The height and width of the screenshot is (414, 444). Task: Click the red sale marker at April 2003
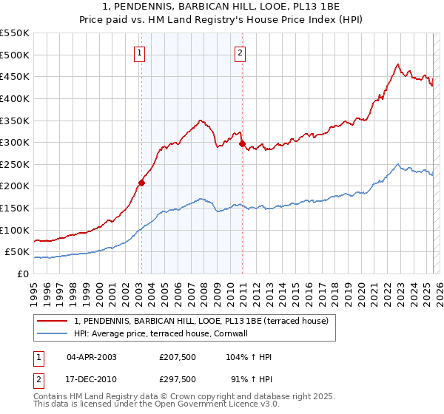[x=141, y=183]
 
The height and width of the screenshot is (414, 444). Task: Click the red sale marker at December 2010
[x=242, y=143]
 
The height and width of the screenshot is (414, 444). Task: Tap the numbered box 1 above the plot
[x=141, y=52]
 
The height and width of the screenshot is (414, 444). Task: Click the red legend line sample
[x=53, y=320]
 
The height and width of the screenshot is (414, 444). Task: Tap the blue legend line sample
[x=53, y=333]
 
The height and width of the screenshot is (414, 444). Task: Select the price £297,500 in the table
[x=178, y=379]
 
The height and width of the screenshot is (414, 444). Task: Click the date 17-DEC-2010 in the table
[x=91, y=379]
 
